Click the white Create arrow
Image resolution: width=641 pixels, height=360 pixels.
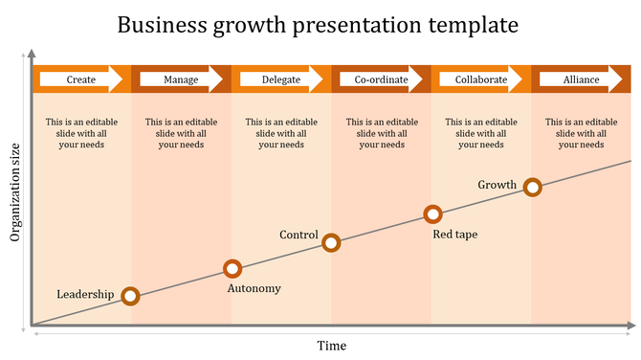(82, 79)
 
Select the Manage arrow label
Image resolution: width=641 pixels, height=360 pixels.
(182, 79)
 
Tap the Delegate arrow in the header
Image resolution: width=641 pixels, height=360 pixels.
(281, 79)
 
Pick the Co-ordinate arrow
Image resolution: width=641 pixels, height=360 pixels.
(381, 79)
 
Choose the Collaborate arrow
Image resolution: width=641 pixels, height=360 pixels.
(481, 79)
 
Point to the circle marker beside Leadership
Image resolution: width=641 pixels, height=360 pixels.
(131, 297)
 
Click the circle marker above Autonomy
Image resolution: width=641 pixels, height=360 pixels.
(232, 269)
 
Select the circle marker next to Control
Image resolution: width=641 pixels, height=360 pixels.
(331, 242)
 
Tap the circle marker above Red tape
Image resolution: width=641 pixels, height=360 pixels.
(432, 214)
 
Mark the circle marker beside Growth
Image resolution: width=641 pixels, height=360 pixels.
(533, 188)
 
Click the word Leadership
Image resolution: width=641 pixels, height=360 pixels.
(85, 294)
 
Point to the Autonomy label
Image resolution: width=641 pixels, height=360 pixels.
(254, 288)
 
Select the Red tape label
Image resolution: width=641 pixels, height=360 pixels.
(455, 235)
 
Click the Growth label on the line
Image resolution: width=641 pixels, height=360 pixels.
(497, 185)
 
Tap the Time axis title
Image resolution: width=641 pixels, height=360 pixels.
(332, 346)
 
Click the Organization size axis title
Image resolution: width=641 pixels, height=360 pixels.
(14, 192)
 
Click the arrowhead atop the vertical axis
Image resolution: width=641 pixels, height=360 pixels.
(33, 53)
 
